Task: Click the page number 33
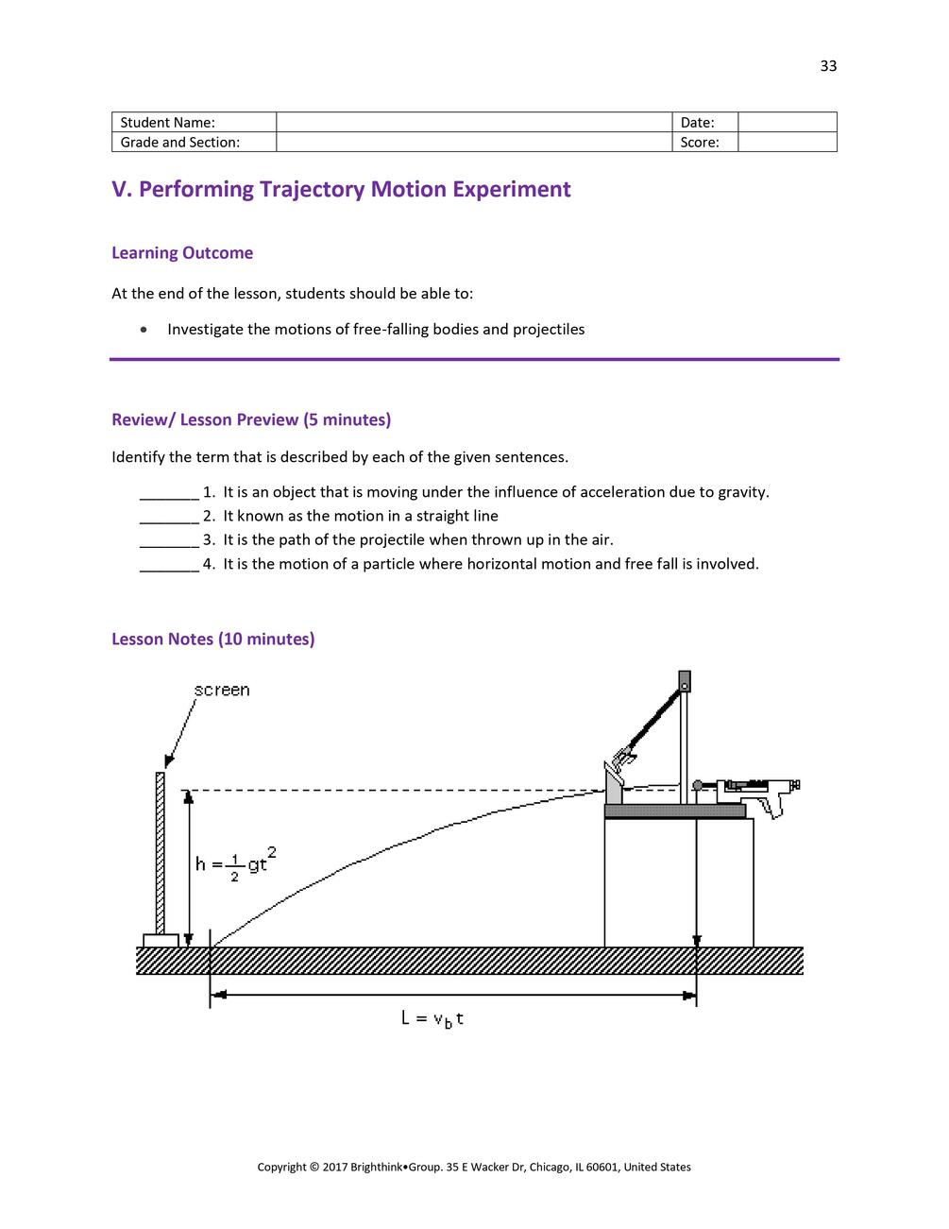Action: point(828,66)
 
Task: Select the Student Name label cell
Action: point(194,123)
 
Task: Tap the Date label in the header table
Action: point(697,123)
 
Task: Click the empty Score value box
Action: point(787,143)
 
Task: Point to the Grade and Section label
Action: point(194,143)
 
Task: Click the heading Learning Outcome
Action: point(182,253)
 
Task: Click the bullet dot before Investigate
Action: point(143,330)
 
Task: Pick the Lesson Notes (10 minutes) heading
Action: point(213,640)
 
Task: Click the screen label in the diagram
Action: point(222,691)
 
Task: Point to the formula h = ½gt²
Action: point(235,863)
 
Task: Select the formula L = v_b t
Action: point(432,1018)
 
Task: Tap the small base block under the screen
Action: point(161,941)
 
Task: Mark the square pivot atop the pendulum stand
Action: point(685,680)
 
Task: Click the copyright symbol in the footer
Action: point(314,1168)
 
